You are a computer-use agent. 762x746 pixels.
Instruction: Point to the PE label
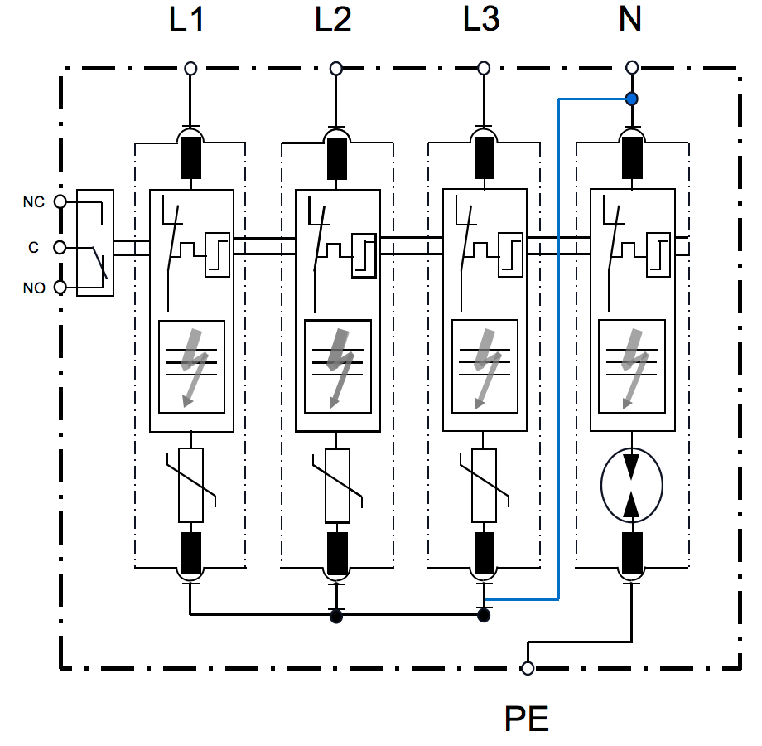[x=527, y=719]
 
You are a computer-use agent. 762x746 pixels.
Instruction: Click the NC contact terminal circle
[x=60, y=201]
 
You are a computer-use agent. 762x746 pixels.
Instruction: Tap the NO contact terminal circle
[x=60, y=288]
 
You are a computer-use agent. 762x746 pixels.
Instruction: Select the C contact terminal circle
[x=60, y=247]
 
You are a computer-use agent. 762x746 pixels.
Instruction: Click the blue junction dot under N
[x=631, y=99]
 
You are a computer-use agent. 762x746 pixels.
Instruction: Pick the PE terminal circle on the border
[x=528, y=668]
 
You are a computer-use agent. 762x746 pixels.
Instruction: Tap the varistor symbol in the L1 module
[x=191, y=486]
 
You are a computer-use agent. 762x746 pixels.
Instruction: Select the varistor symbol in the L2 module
[x=337, y=486]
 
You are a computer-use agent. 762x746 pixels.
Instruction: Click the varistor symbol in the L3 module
[x=484, y=486]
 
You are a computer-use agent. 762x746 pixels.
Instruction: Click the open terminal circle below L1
[x=190, y=68]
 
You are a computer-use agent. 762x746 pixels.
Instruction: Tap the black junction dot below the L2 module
[x=336, y=616]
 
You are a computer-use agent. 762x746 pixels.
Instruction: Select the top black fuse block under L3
[x=484, y=157]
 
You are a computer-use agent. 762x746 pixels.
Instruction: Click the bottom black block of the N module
[x=631, y=553]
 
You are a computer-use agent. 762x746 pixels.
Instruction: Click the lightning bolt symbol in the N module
[x=631, y=365]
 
